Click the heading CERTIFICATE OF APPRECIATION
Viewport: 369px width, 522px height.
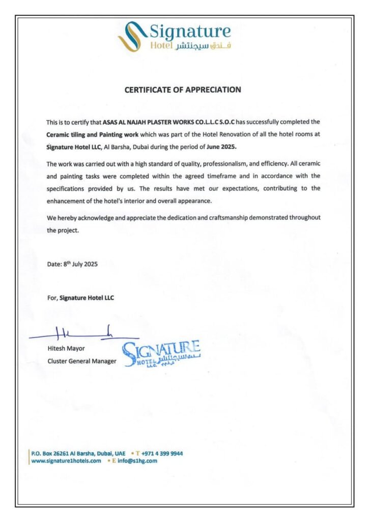point(183,90)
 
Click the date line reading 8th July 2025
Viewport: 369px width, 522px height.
point(72,264)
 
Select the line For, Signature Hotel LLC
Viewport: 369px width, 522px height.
point(80,298)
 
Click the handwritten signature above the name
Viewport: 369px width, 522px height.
point(84,334)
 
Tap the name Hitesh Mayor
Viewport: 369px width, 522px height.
point(66,349)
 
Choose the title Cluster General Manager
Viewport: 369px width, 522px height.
point(81,361)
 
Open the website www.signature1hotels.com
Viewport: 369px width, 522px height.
point(66,461)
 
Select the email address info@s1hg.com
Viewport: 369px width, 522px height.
point(137,461)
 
